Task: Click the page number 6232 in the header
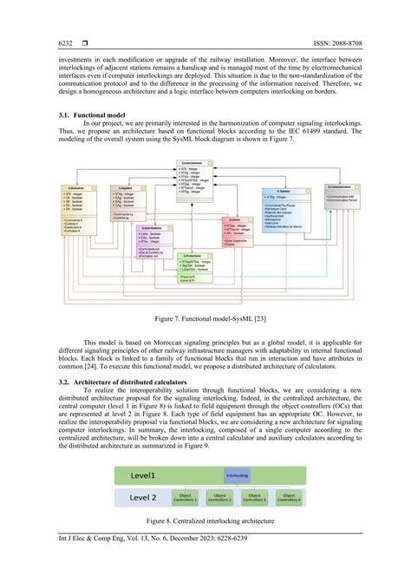click(66, 43)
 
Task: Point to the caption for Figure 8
click(205, 520)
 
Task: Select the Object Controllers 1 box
click(183, 498)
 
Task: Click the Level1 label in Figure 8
click(144, 475)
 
